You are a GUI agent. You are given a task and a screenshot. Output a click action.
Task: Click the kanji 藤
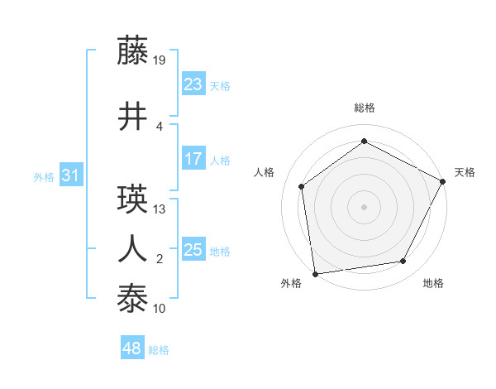pos(132,50)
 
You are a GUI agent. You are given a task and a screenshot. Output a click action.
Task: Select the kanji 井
pos(132,117)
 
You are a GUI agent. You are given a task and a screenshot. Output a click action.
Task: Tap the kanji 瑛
pos(132,199)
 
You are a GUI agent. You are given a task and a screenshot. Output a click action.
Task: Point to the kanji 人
pos(132,248)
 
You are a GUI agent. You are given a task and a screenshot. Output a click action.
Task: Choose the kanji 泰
pos(132,297)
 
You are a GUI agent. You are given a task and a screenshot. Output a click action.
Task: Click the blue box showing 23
pos(193,84)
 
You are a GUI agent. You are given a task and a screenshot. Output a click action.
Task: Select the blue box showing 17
pos(193,159)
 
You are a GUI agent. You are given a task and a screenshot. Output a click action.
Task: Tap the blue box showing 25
pos(193,250)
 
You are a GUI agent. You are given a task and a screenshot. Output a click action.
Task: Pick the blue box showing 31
pos(70,175)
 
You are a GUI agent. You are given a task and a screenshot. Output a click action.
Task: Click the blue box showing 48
pos(132,348)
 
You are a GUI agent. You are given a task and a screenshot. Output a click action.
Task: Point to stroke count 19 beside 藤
pos(160,60)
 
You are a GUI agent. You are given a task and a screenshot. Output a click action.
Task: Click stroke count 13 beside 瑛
pos(160,209)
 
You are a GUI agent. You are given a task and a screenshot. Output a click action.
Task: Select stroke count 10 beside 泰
pos(160,308)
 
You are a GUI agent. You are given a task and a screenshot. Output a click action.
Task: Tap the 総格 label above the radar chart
pos(365,108)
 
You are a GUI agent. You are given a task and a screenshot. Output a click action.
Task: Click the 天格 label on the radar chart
pos(465,172)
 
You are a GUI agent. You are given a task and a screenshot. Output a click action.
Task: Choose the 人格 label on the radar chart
pos(265,172)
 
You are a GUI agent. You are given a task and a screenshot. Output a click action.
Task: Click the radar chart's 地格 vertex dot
pos(403,262)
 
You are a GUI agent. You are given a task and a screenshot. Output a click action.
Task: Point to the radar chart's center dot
pos(364,206)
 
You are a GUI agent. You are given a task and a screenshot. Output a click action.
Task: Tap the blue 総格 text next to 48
pos(159,350)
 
